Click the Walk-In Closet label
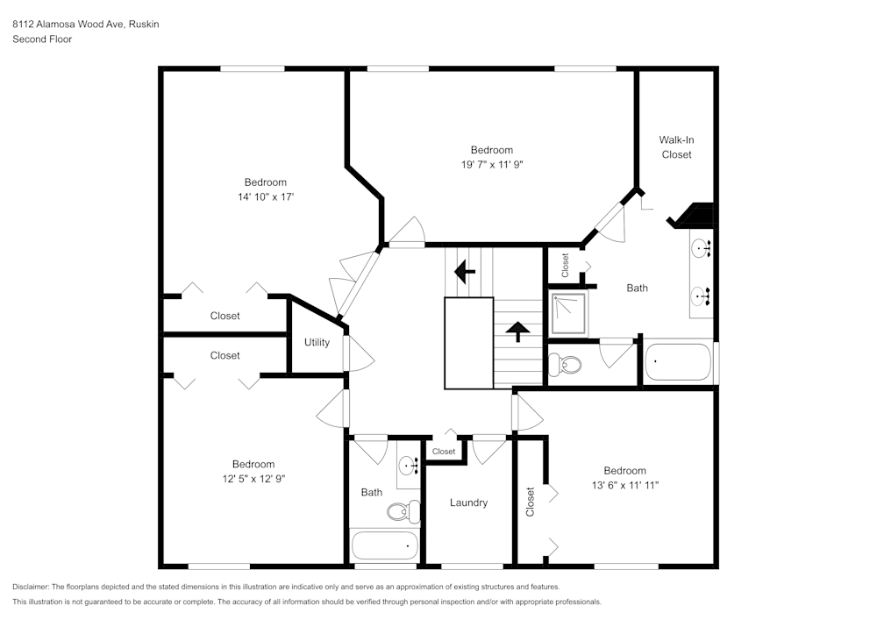tap(676, 147)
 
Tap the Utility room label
tap(317, 342)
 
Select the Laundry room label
tap(468, 502)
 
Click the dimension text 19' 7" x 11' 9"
tap(491, 164)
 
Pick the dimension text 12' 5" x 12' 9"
tap(253, 479)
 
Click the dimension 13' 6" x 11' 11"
tap(624, 485)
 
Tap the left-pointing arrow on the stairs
tap(464, 272)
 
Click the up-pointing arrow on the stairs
tap(518, 331)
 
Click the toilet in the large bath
tap(567, 364)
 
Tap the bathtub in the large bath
tap(677, 361)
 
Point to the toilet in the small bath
tap(403, 510)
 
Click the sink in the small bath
tap(408, 465)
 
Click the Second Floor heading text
tap(42, 39)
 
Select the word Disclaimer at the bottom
tap(31, 587)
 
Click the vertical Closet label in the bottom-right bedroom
tap(530, 502)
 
